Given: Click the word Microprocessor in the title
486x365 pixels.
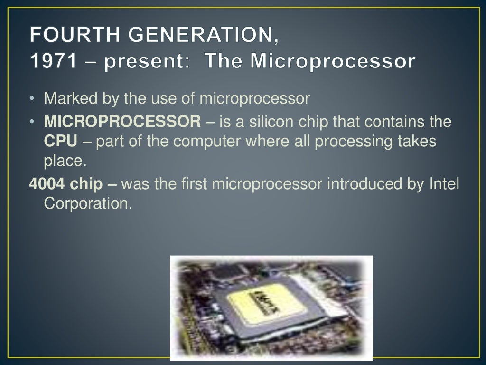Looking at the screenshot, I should point(332,61).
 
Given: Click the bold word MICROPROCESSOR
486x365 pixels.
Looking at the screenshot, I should point(122,122).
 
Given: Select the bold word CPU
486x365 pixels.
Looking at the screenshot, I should point(60,141).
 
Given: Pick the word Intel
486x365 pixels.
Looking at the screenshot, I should point(444,184).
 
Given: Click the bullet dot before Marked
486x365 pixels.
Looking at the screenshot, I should point(32,99).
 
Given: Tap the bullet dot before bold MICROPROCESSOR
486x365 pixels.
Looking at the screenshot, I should point(32,123).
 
